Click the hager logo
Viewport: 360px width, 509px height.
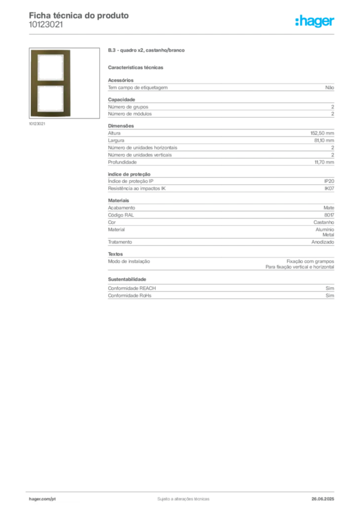pyautogui.click(x=315, y=21)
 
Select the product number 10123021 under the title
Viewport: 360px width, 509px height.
pyautogui.click(x=46, y=25)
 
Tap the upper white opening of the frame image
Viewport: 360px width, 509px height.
pyautogui.click(x=50, y=67)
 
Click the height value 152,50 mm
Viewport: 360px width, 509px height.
pyautogui.click(x=322, y=133)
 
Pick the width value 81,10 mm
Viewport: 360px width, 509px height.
pyautogui.click(x=324, y=141)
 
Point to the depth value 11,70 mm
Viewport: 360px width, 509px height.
pyautogui.click(x=324, y=163)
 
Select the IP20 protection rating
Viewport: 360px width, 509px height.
pyautogui.click(x=329, y=181)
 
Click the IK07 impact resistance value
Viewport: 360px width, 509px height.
pyautogui.click(x=329, y=188)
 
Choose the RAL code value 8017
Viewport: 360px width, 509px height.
pyautogui.click(x=329, y=215)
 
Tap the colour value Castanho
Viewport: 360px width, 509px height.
pyautogui.click(x=324, y=222)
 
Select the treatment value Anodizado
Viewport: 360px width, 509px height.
pyautogui.click(x=323, y=242)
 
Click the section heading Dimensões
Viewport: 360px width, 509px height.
pyautogui.click(x=121, y=126)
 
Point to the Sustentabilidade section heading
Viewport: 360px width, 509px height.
pyautogui.click(x=127, y=279)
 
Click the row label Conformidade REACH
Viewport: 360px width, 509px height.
pyautogui.click(x=132, y=288)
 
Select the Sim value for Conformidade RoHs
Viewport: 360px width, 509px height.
pyautogui.click(x=330, y=295)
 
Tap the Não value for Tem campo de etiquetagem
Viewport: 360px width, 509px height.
pyautogui.click(x=330, y=87)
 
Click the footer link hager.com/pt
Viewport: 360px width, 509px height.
pyautogui.click(x=42, y=499)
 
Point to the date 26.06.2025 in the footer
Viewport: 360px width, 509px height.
pyautogui.click(x=323, y=499)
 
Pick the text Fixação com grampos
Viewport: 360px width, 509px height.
pyautogui.click(x=310, y=261)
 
